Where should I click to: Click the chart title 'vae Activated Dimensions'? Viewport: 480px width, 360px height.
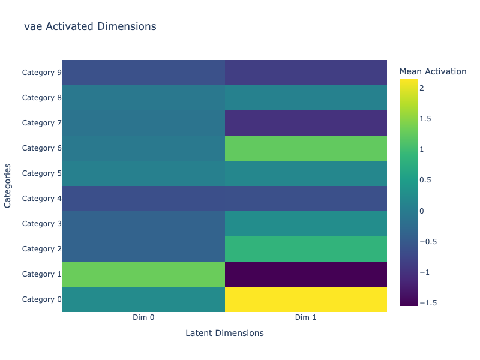(90, 26)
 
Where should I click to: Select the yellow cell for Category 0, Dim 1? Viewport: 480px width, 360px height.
(306, 299)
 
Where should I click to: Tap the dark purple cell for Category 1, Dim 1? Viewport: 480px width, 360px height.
(306, 274)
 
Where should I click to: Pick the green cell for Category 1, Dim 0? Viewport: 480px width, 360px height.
(143, 274)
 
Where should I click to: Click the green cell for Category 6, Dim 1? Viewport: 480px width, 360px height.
(306, 148)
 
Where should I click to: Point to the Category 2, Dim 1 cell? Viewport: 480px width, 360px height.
(306, 249)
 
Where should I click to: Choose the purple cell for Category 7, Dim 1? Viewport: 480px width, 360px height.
(306, 123)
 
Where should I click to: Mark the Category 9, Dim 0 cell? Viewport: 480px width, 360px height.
(143, 73)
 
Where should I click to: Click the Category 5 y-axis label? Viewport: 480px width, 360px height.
(41, 173)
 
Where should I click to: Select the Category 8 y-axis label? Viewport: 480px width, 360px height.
(41, 98)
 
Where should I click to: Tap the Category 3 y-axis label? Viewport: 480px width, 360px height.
(41, 224)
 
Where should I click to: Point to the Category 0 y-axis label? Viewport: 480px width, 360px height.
(41, 299)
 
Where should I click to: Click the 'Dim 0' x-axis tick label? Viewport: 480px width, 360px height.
(143, 317)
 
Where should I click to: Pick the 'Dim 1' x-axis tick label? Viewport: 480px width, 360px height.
(306, 317)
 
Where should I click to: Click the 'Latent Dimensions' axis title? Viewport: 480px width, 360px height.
(224, 333)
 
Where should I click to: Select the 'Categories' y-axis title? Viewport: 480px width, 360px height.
(8, 186)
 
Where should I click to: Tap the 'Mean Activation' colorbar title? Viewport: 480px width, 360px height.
(433, 71)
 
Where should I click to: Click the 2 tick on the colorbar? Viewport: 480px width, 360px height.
(422, 88)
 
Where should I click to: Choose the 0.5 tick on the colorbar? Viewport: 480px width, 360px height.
(425, 180)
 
